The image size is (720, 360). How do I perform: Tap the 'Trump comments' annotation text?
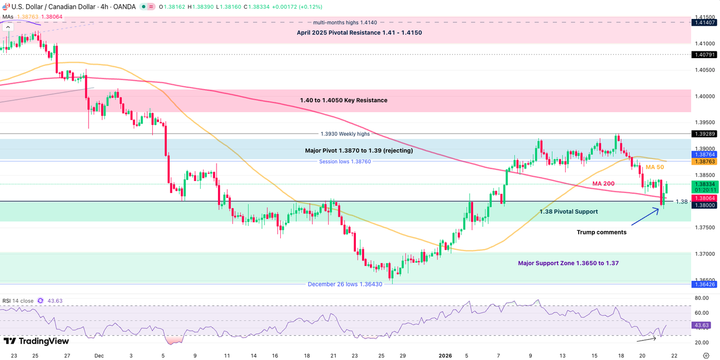pos(601,232)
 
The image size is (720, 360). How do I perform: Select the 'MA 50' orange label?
pos(655,167)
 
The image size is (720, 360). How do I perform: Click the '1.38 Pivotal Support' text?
pos(568,211)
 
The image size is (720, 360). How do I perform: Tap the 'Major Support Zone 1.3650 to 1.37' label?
pos(568,263)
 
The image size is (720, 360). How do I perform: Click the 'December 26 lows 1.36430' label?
pos(345,284)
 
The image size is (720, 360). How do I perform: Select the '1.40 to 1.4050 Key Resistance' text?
pos(344,100)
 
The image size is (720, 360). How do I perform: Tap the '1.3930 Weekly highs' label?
pos(345,134)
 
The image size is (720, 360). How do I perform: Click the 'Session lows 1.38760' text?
pos(345,161)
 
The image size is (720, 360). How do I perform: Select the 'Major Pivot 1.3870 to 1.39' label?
pos(359,151)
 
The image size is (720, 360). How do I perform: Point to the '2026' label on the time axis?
pos(444,355)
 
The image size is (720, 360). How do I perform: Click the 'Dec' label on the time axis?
pos(99,355)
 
